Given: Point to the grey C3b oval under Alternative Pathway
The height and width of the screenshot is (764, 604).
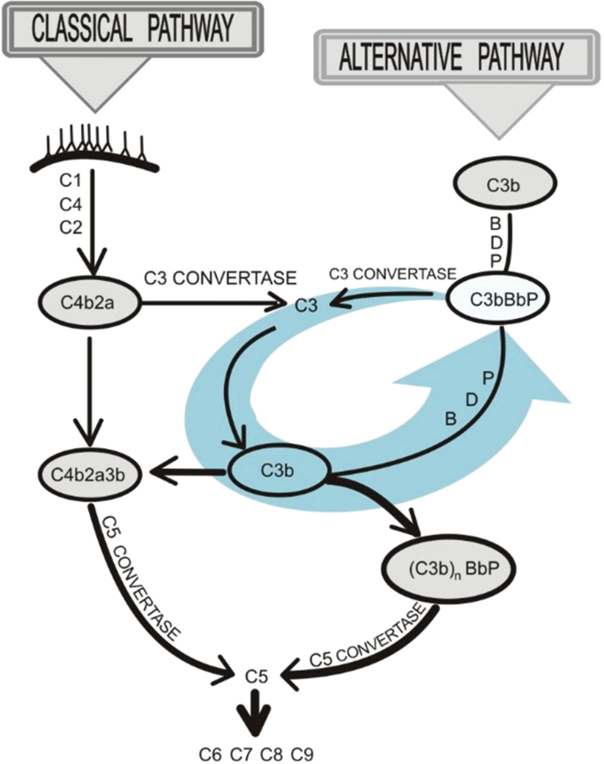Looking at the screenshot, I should click(x=503, y=186).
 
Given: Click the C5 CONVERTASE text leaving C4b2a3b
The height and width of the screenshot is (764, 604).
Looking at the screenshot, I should click(x=141, y=582).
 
